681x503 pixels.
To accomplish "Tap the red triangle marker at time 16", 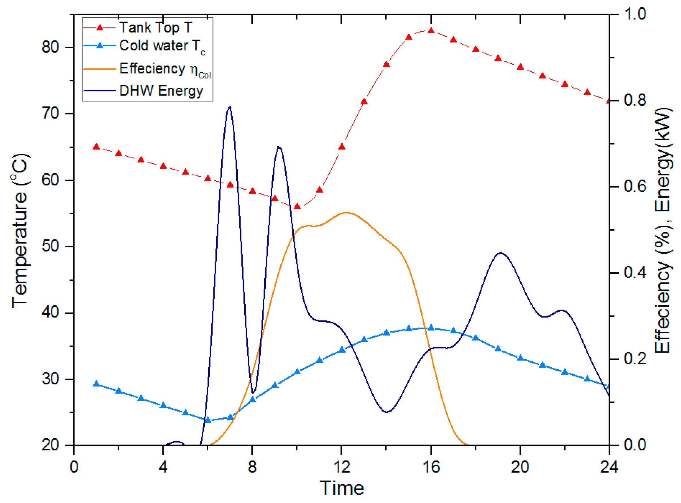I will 431,31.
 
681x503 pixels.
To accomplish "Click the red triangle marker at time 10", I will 297,206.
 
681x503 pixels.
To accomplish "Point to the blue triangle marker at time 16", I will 431,328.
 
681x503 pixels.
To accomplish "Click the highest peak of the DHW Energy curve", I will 230,107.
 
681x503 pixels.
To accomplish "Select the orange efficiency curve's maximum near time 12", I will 346,213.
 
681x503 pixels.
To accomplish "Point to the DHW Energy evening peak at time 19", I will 500,253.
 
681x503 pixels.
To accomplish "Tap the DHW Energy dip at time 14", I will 387,412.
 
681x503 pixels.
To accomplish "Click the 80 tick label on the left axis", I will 50,47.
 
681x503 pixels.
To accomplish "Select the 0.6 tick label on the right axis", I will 635,186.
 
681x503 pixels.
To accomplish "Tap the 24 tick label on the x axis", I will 609,467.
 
